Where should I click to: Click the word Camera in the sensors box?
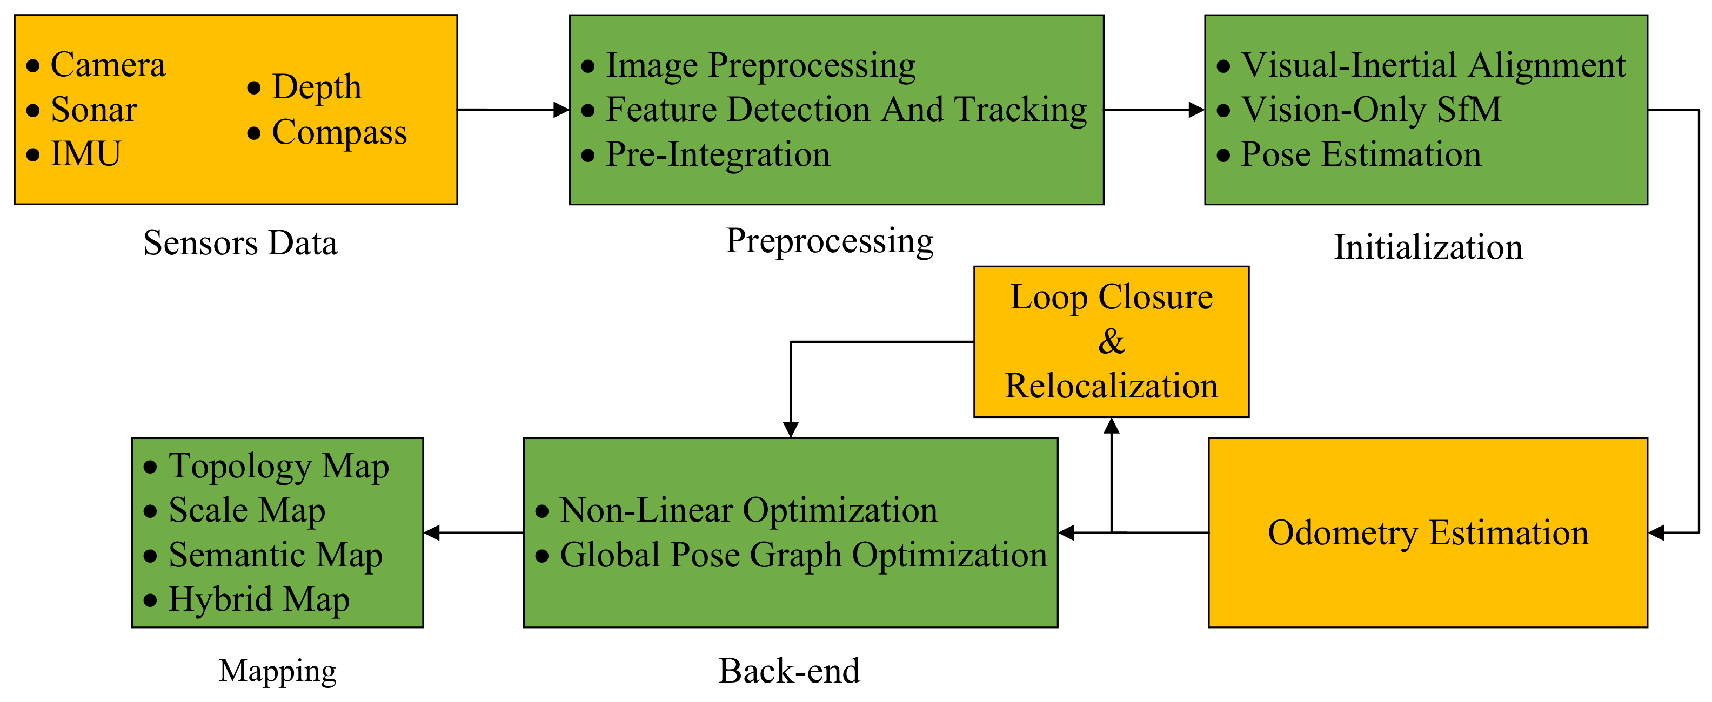(108, 65)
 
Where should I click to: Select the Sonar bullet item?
(93, 110)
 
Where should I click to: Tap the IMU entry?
(86, 154)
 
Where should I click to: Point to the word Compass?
(339, 132)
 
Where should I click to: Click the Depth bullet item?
(316, 87)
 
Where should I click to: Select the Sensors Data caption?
(240, 243)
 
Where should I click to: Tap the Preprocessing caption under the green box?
(830, 241)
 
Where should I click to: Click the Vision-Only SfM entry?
(1371, 110)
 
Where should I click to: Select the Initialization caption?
(1428, 247)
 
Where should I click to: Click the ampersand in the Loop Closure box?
(1111, 342)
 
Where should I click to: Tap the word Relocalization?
(1111, 386)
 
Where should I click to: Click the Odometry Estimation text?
(1428, 532)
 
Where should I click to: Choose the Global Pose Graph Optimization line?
(803, 555)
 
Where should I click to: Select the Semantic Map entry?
(275, 555)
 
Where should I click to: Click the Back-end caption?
(789, 671)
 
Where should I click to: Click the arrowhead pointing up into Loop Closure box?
(1111, 426)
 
